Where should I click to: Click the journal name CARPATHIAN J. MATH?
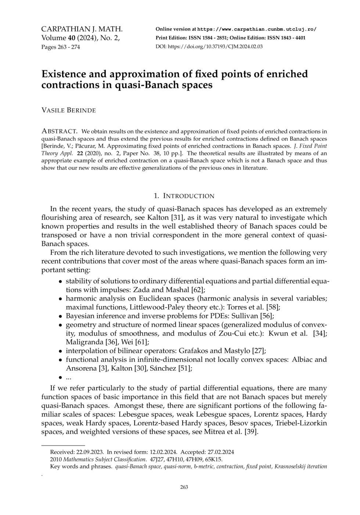[82, 29]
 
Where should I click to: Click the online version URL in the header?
[256, 29]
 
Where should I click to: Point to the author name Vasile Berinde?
[68, 110]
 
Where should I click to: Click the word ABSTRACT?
[59, 131]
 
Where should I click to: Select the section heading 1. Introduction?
[184, 196]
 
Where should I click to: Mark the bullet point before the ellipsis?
[60, 377]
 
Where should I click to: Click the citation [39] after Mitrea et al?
[251, 432]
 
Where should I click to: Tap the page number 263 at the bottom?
[184, 487]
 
